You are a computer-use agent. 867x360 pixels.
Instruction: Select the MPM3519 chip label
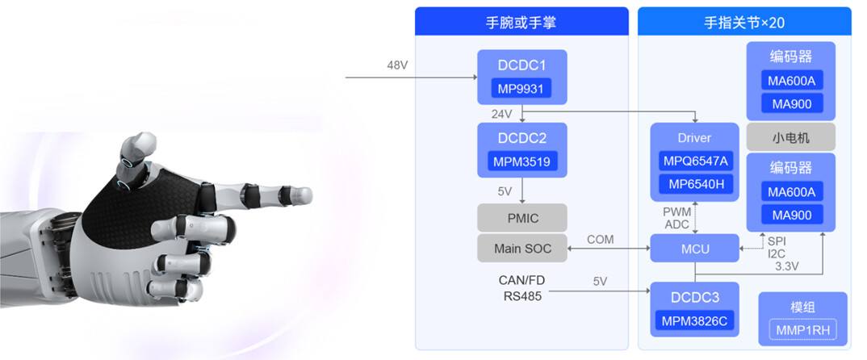pyautogui.click(x=521, y=161)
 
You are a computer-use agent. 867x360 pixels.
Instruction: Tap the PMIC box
pyautogui.click(x=521, y=218)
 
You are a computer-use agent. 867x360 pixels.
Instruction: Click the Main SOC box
pyautogui.click(x=521, y=249)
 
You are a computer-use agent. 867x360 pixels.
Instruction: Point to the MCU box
pyautogui.click(x=694, y=249)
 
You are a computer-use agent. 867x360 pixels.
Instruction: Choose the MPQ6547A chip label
pyautogui.click(x=694, y=161)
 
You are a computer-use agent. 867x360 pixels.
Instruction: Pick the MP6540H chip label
pyautogui.click(x=694, y=185)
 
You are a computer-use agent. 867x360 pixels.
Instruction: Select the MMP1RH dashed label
pyautogui.click(x=802, y=329)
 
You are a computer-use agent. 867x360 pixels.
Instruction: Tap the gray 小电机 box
pyautogui.click(x=790, y=137)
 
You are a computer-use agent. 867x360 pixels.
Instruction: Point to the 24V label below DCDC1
pyautogui.click(x=501, y=114)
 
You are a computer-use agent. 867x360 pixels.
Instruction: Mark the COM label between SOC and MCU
pyautogui.click(x=601, y=240)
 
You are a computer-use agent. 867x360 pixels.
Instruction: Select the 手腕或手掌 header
pyautogui.click(x=521, y=22)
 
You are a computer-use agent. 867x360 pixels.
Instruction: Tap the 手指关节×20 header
pyautogui.click(x=744, y=22)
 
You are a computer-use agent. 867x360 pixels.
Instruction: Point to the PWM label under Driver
pyautogui.click(x=676, y=211)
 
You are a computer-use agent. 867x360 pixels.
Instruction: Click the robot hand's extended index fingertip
pyautogui.click(x=304, y=195)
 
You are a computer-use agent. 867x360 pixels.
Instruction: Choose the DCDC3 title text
pyautogui.click(x=694, y=296)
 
